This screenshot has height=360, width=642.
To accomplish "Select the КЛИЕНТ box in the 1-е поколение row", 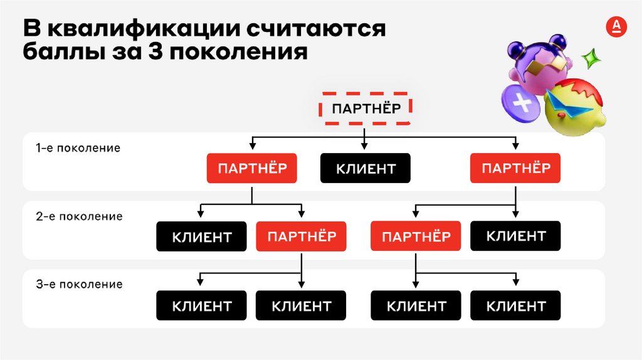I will click(x=366, y=168).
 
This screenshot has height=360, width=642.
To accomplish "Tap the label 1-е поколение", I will click(x=78, y=149).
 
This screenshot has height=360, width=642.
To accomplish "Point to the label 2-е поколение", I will click(x=79, y=216).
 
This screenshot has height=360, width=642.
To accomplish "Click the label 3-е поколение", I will click(x=79, y=284).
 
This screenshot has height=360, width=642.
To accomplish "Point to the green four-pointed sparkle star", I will click(x=590, y=59).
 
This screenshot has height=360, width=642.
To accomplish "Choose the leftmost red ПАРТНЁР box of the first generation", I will click(x=252, y=168).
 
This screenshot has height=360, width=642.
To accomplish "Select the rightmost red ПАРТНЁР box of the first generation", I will click(x=515, y=168).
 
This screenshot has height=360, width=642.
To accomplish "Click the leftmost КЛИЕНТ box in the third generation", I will click(x=202, y=306).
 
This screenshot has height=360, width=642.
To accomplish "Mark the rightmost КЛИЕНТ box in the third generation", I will click(x=515, y=306).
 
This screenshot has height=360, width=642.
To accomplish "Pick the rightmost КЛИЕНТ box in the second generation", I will click(x=515, y=236).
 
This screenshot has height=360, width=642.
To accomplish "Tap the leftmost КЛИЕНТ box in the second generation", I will click(x=202, y=237).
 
